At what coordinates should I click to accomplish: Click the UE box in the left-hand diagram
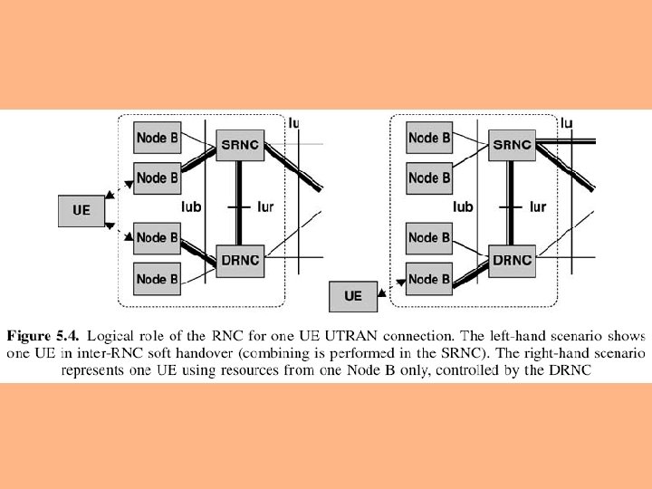pyautogui.click(x=81, y=210)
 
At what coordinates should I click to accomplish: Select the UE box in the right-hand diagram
pyautogui.click(x=353, y=295)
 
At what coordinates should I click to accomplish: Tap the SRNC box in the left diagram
pyautogui.click(x=240, y=144)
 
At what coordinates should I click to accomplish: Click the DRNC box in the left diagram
pyautogui.click(x=240, y=260)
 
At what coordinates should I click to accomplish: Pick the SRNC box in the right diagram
pyautogui.click(x=512, y=144)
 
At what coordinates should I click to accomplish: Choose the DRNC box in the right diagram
pyautogui.click(x=512, y=260)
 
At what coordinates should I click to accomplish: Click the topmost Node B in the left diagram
pyautogui.click(x=157, y=138)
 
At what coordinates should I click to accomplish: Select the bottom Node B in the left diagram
pyautogui.click(x=157, y=279)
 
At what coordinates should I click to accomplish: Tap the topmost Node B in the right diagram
pyautogui.click(x=428, y=138)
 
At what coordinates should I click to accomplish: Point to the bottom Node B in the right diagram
pyautogui.click(x=428, y=279)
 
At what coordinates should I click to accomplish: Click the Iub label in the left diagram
pyautogui.click(x=191, y=207)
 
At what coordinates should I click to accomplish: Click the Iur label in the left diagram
pyautogui.click(x=265, y=207)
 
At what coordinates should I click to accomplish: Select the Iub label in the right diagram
pyautogui.click(x=463, y=207)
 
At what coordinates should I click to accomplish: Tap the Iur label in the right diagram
pyautogui.click(x=537, y=207)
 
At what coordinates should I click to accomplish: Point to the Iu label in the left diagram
pyautogui.click(x=295, y=123)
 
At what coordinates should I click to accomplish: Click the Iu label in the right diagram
pyautogui.click(x=567, y=123)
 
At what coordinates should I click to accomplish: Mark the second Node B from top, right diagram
pyautogui.click(x=428, y=177)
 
